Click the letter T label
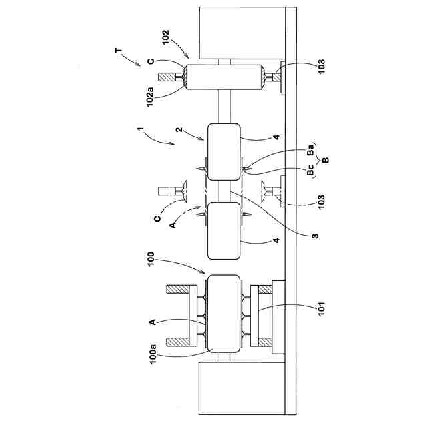[119, 51]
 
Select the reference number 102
[165, 37]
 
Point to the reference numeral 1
[140, 129]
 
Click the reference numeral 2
[179, 129]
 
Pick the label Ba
[310, 149]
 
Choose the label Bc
[310, 170]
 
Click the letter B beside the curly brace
[326, 160]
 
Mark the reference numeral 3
[315, 236]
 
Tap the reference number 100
[151, 259]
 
